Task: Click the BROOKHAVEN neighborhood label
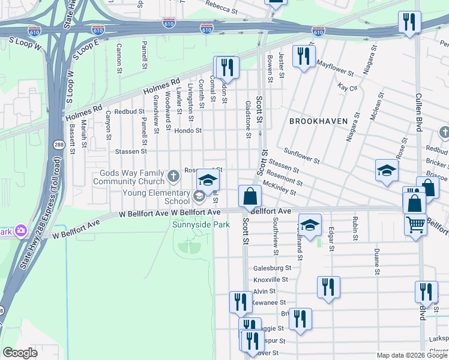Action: coord(318,121)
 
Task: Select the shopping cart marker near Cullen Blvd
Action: coord(415,225)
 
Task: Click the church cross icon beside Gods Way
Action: coord(173,176)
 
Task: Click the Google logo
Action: coord(20,353)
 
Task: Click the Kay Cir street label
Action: coord(347,88)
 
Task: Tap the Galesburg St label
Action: coord(272,268)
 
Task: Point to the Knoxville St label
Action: coord(271,280)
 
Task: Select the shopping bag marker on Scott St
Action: coord(250,196)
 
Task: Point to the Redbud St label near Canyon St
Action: coord(130,112)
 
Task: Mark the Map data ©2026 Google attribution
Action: coord(412,355)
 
